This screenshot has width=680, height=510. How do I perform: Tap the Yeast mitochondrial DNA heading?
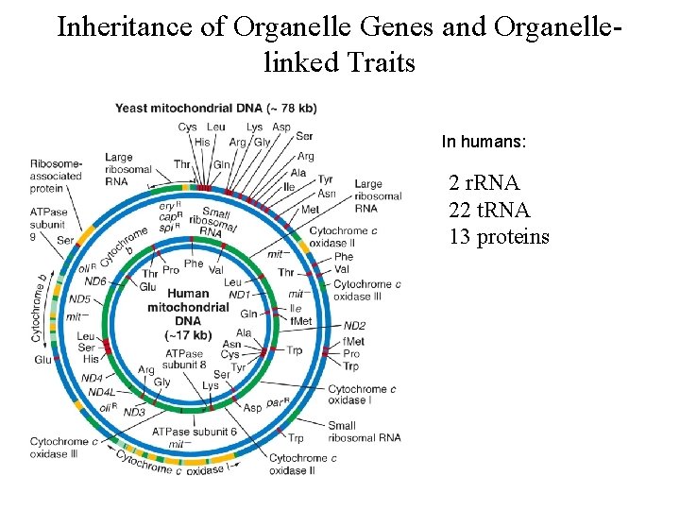click(215, 109)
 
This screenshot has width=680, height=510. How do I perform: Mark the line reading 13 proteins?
click(499, 236)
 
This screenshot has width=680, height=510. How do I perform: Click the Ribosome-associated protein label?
click(57, 176)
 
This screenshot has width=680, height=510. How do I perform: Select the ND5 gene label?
click(80, 299)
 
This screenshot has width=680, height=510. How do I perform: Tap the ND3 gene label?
click(134, 412)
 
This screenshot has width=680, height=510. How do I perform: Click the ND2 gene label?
click(354, 326)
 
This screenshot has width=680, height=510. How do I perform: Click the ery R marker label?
click(169, 204)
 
